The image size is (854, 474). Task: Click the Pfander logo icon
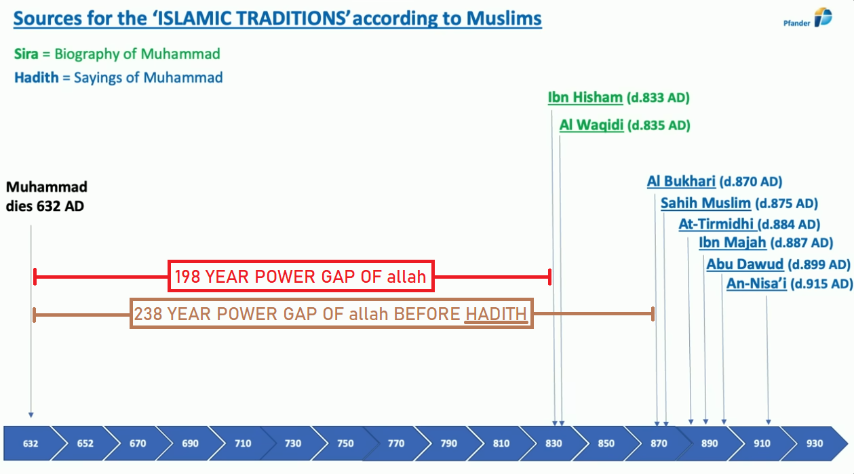point(823,17)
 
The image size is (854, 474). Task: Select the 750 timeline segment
point(345,443)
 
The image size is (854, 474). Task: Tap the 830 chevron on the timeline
point(554,443)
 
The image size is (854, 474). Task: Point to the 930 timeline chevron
point(815,443)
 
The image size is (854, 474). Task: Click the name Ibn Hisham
point(585,98)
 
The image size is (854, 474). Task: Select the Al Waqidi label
point(591,125)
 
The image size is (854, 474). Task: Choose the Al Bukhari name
point(681,181)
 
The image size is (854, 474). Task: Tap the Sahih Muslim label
point(705,203)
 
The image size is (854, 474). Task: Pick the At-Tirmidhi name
point(716,224)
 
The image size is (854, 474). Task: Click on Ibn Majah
point(733,242)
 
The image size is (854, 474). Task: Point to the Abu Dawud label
point(745,264)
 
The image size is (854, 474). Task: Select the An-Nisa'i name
point(756,283)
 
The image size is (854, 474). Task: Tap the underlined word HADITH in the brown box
point(496,315)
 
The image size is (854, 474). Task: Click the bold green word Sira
point(26,54)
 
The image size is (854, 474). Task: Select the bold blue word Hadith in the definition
point(37,78)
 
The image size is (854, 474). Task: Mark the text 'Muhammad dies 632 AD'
point(47,196)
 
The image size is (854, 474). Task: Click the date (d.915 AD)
point(821,284)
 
